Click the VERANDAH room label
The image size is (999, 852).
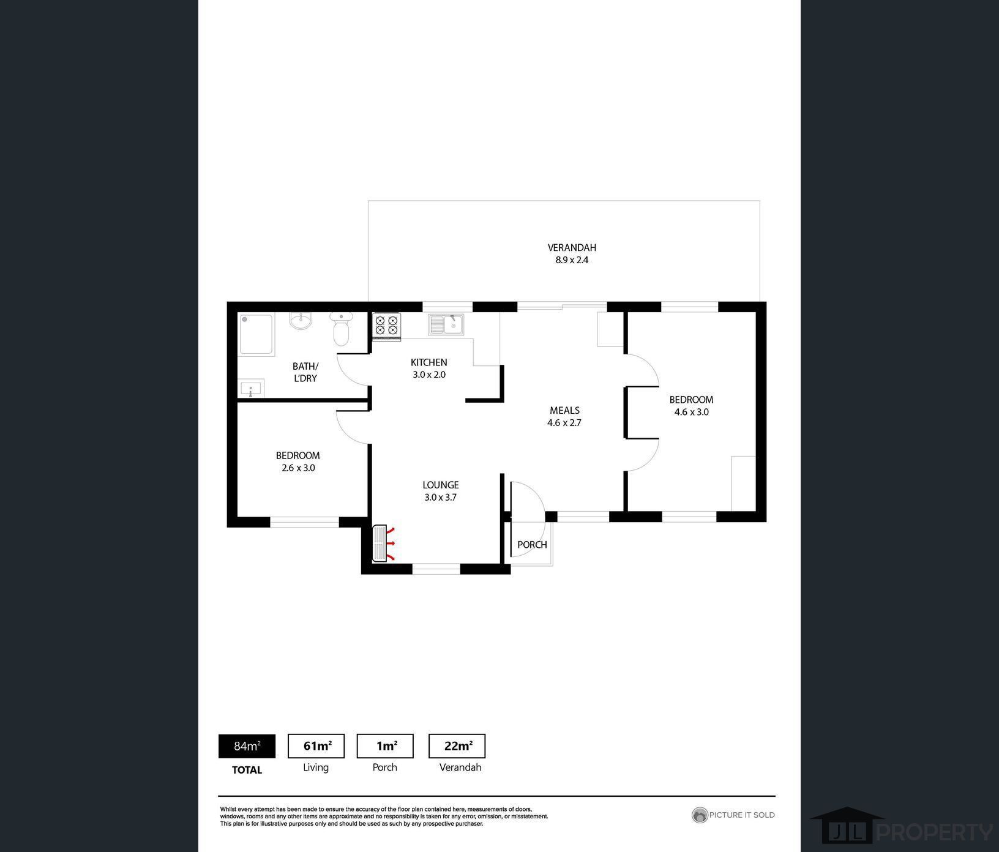(x=572, y=248)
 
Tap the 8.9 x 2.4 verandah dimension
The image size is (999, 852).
(x=572, y=260)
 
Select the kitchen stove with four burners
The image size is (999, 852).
(x=387, y=326)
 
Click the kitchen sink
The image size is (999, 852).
(x=446, y=325)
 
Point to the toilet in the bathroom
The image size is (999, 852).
(x=341, y=329)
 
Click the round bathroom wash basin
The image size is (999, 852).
(x=301, y=320)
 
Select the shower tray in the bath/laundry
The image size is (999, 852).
(x=256, y=334)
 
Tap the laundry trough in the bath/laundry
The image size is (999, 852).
(x=250, y=389)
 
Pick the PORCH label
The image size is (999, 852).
(x=532, y=545)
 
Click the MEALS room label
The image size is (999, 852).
(x=564, y=411)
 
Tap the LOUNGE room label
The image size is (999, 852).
(x=441, y=485)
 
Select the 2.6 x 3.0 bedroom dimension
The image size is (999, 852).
(x=298, y=468)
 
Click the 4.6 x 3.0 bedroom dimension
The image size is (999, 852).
(x=692, y=413)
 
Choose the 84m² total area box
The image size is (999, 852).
(x=247, y=746)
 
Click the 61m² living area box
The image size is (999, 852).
(x=316, y=746)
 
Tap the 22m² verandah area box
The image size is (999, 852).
(x=457, y=746)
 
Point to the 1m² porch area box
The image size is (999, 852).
(x=385, y=746)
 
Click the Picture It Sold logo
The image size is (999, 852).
(x=733, y=815)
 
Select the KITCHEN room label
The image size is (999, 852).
(x=428, y=362)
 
